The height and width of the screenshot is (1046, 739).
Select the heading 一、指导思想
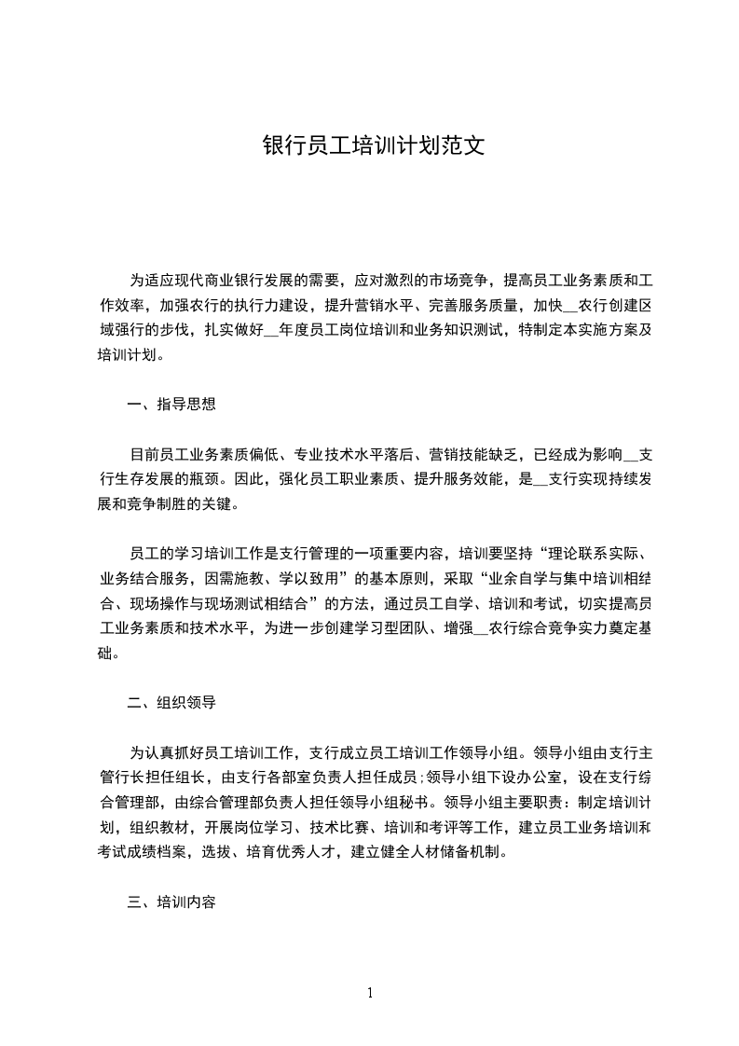coord(171,404)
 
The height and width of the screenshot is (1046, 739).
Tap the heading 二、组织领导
coord(171,702)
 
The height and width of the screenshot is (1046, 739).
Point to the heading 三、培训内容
coord(171,901)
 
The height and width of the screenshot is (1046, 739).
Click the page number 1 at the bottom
coord(370,993)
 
